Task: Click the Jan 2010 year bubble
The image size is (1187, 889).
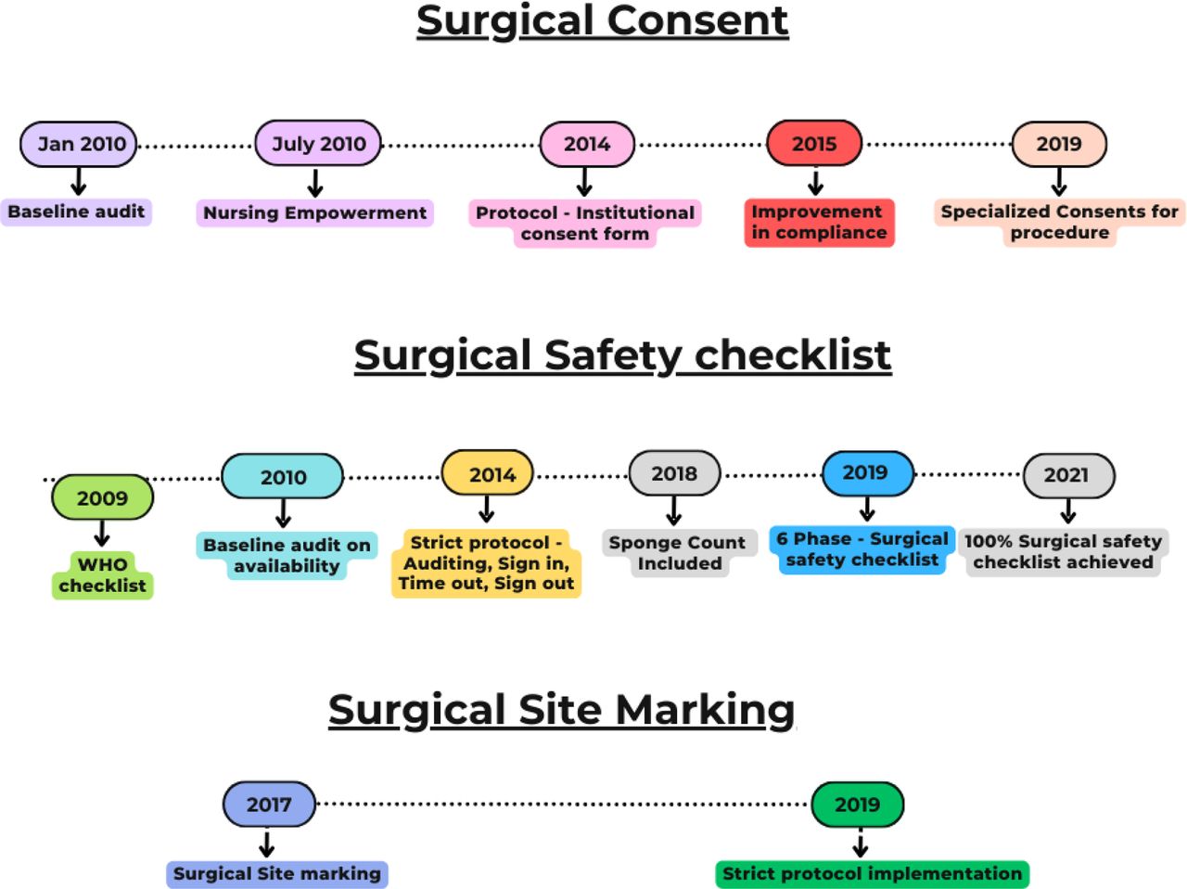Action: (79, 144)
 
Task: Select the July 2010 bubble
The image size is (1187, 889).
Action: (318, 144)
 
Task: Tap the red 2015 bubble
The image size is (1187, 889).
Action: (814, 144)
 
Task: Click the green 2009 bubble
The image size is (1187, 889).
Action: (102, 498)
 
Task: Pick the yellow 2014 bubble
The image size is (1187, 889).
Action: (488, 474)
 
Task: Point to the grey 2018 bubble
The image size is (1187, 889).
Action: (674, 473)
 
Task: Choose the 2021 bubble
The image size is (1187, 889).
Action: (1067, 475)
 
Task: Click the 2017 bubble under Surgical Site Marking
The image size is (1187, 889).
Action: (269, 805)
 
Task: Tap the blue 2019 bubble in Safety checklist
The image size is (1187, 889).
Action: (867, 472)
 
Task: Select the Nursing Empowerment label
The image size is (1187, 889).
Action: (315, 213)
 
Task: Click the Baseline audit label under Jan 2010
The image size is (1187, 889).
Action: (76, 212)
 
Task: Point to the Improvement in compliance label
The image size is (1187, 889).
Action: (819, 222)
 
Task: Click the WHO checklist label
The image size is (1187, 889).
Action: (102, 575)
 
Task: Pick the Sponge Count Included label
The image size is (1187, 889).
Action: (678, 553)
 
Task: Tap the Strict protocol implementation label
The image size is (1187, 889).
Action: (872, 873)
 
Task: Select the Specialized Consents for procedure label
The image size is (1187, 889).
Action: (1059, 222)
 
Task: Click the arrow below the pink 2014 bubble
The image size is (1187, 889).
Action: (584, 181)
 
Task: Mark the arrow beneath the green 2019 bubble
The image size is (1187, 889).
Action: (860, 844)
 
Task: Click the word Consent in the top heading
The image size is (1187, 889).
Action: (696, 20)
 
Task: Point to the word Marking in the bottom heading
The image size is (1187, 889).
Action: (705, 710)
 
